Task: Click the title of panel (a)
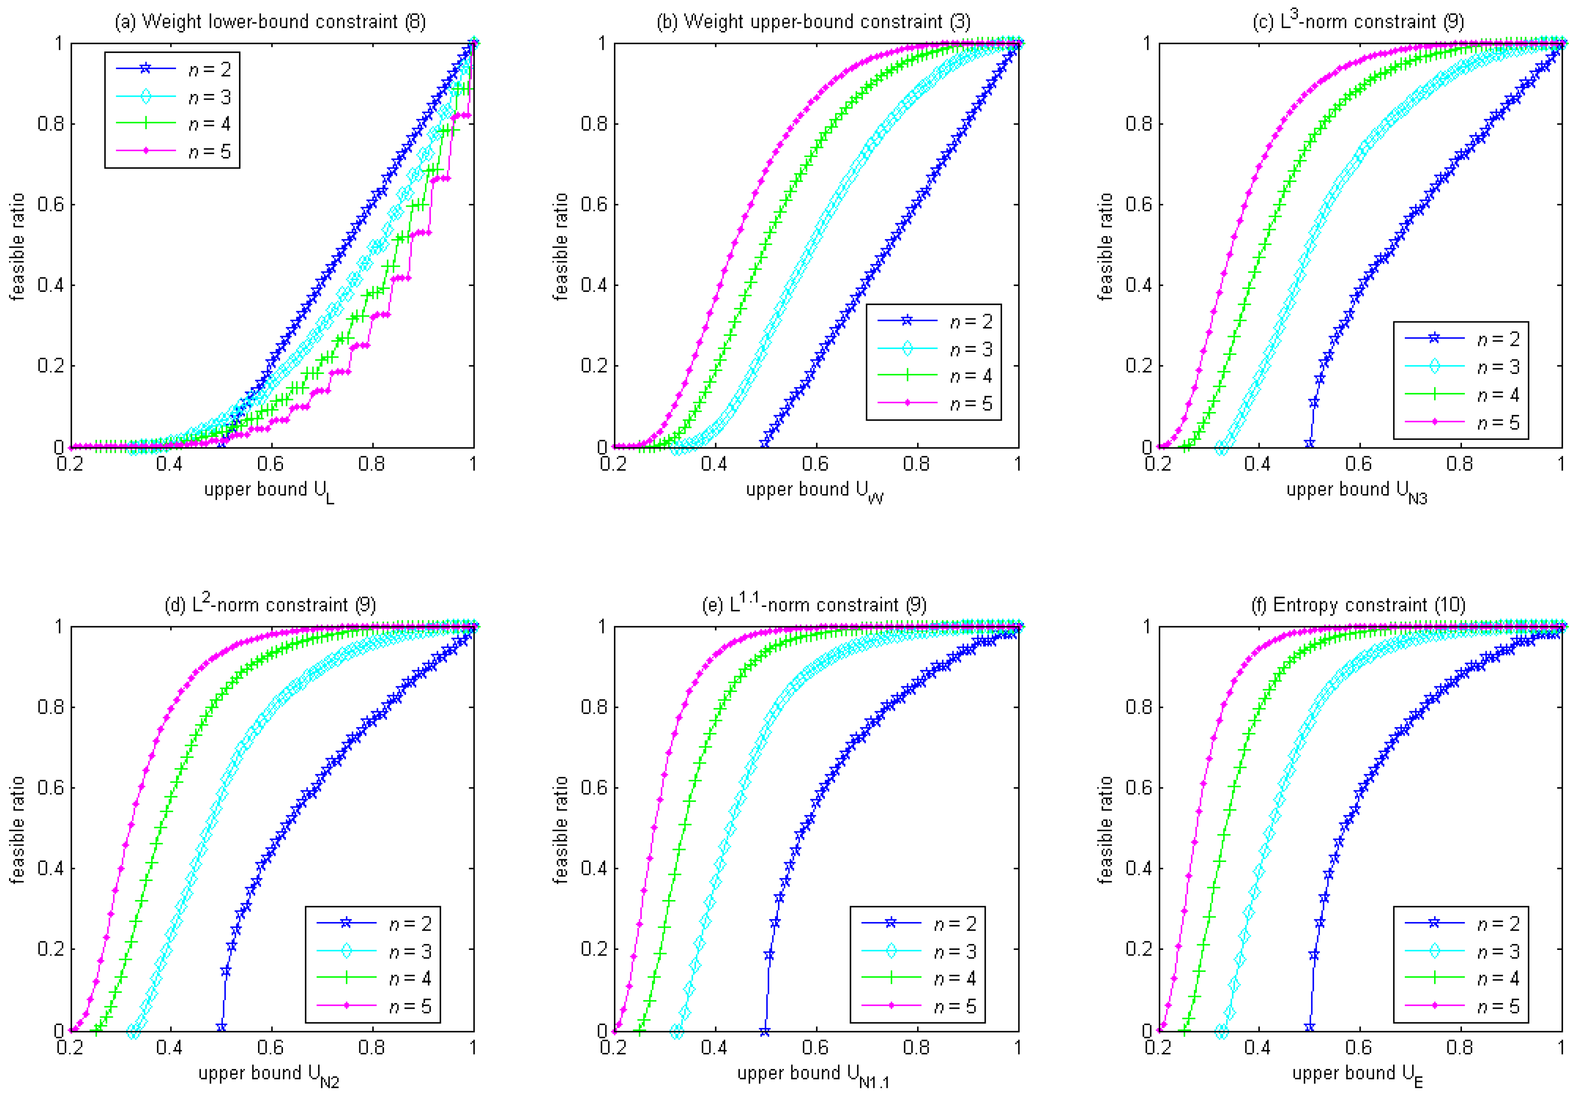click(x=270, y=22)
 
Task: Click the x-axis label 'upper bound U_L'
click(x=269, y=491)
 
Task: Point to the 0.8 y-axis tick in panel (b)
click(x=594, y=124)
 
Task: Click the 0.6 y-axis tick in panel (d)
click(x=50, y=788)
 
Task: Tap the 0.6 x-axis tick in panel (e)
click(x=815, y=1047)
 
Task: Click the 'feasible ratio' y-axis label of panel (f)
click(x=1105, y=829)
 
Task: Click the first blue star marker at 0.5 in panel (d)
click(x=222, y=1027)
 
